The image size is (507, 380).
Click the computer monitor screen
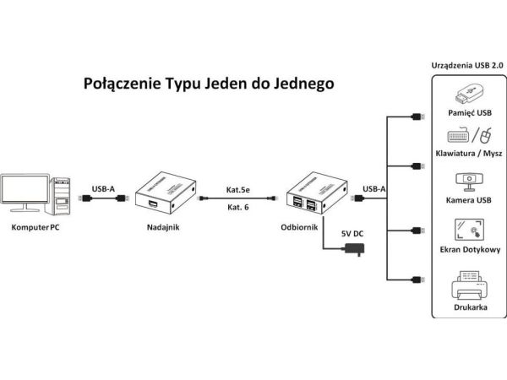(25, 188)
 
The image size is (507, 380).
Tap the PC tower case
(58, 196)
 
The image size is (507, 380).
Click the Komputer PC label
(35, 227)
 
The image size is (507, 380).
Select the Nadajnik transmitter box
(166, 193)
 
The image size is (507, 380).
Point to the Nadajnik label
(163, 227)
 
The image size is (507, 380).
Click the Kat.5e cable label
(238, 190)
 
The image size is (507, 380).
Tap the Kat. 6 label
(238, 207)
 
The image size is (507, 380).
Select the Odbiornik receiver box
(317, 193)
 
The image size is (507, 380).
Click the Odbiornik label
(299, 227)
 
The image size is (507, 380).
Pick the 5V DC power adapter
(355, 249)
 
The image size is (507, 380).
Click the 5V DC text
(352, 234)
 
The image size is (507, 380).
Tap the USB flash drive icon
(469, 94)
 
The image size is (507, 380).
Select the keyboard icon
(459, 135)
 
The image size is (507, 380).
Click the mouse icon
(485, 135)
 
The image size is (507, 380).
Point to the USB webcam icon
(469, 182)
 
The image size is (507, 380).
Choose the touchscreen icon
(470, 230)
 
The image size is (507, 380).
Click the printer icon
(470, 285)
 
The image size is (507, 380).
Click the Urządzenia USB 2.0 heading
(467, 66)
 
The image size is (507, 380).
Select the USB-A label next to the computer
(103, 189)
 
